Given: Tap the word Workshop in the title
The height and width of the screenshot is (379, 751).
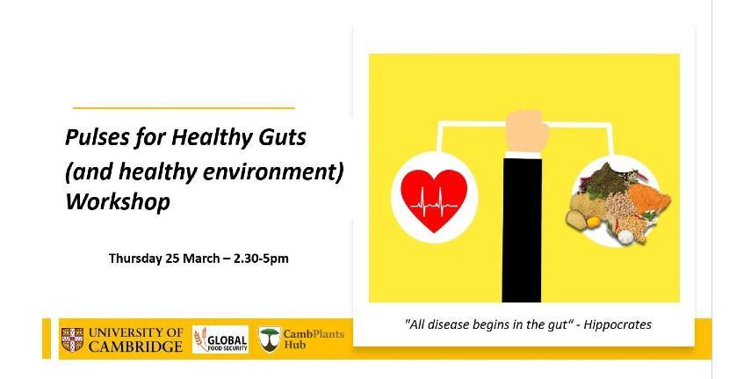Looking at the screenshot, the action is tap(118, 202).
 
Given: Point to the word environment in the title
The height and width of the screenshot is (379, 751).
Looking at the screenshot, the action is tap(271, 171).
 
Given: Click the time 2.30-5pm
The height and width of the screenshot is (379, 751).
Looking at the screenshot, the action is tap(261, 259).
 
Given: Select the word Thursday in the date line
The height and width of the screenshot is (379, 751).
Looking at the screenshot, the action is tap(135, 259).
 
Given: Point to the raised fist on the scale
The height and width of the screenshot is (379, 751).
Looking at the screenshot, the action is tap(527, 130).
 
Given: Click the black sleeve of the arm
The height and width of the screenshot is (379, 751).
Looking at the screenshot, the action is tap(522, 229).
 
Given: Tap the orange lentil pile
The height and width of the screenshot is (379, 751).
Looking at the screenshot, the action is tap(648, 198).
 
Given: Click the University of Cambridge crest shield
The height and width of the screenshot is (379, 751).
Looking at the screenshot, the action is tap(72, 339).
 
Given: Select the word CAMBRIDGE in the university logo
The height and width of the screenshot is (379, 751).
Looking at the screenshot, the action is tap(135, 346).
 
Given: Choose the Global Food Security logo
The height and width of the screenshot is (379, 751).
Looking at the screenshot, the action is tap(220, 339).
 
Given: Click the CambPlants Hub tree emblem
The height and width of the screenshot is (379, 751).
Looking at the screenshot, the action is tap(270, 339).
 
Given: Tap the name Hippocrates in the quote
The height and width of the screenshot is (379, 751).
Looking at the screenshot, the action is tap(617, 324).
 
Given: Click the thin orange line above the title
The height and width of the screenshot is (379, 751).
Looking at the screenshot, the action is tap(184, 108).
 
